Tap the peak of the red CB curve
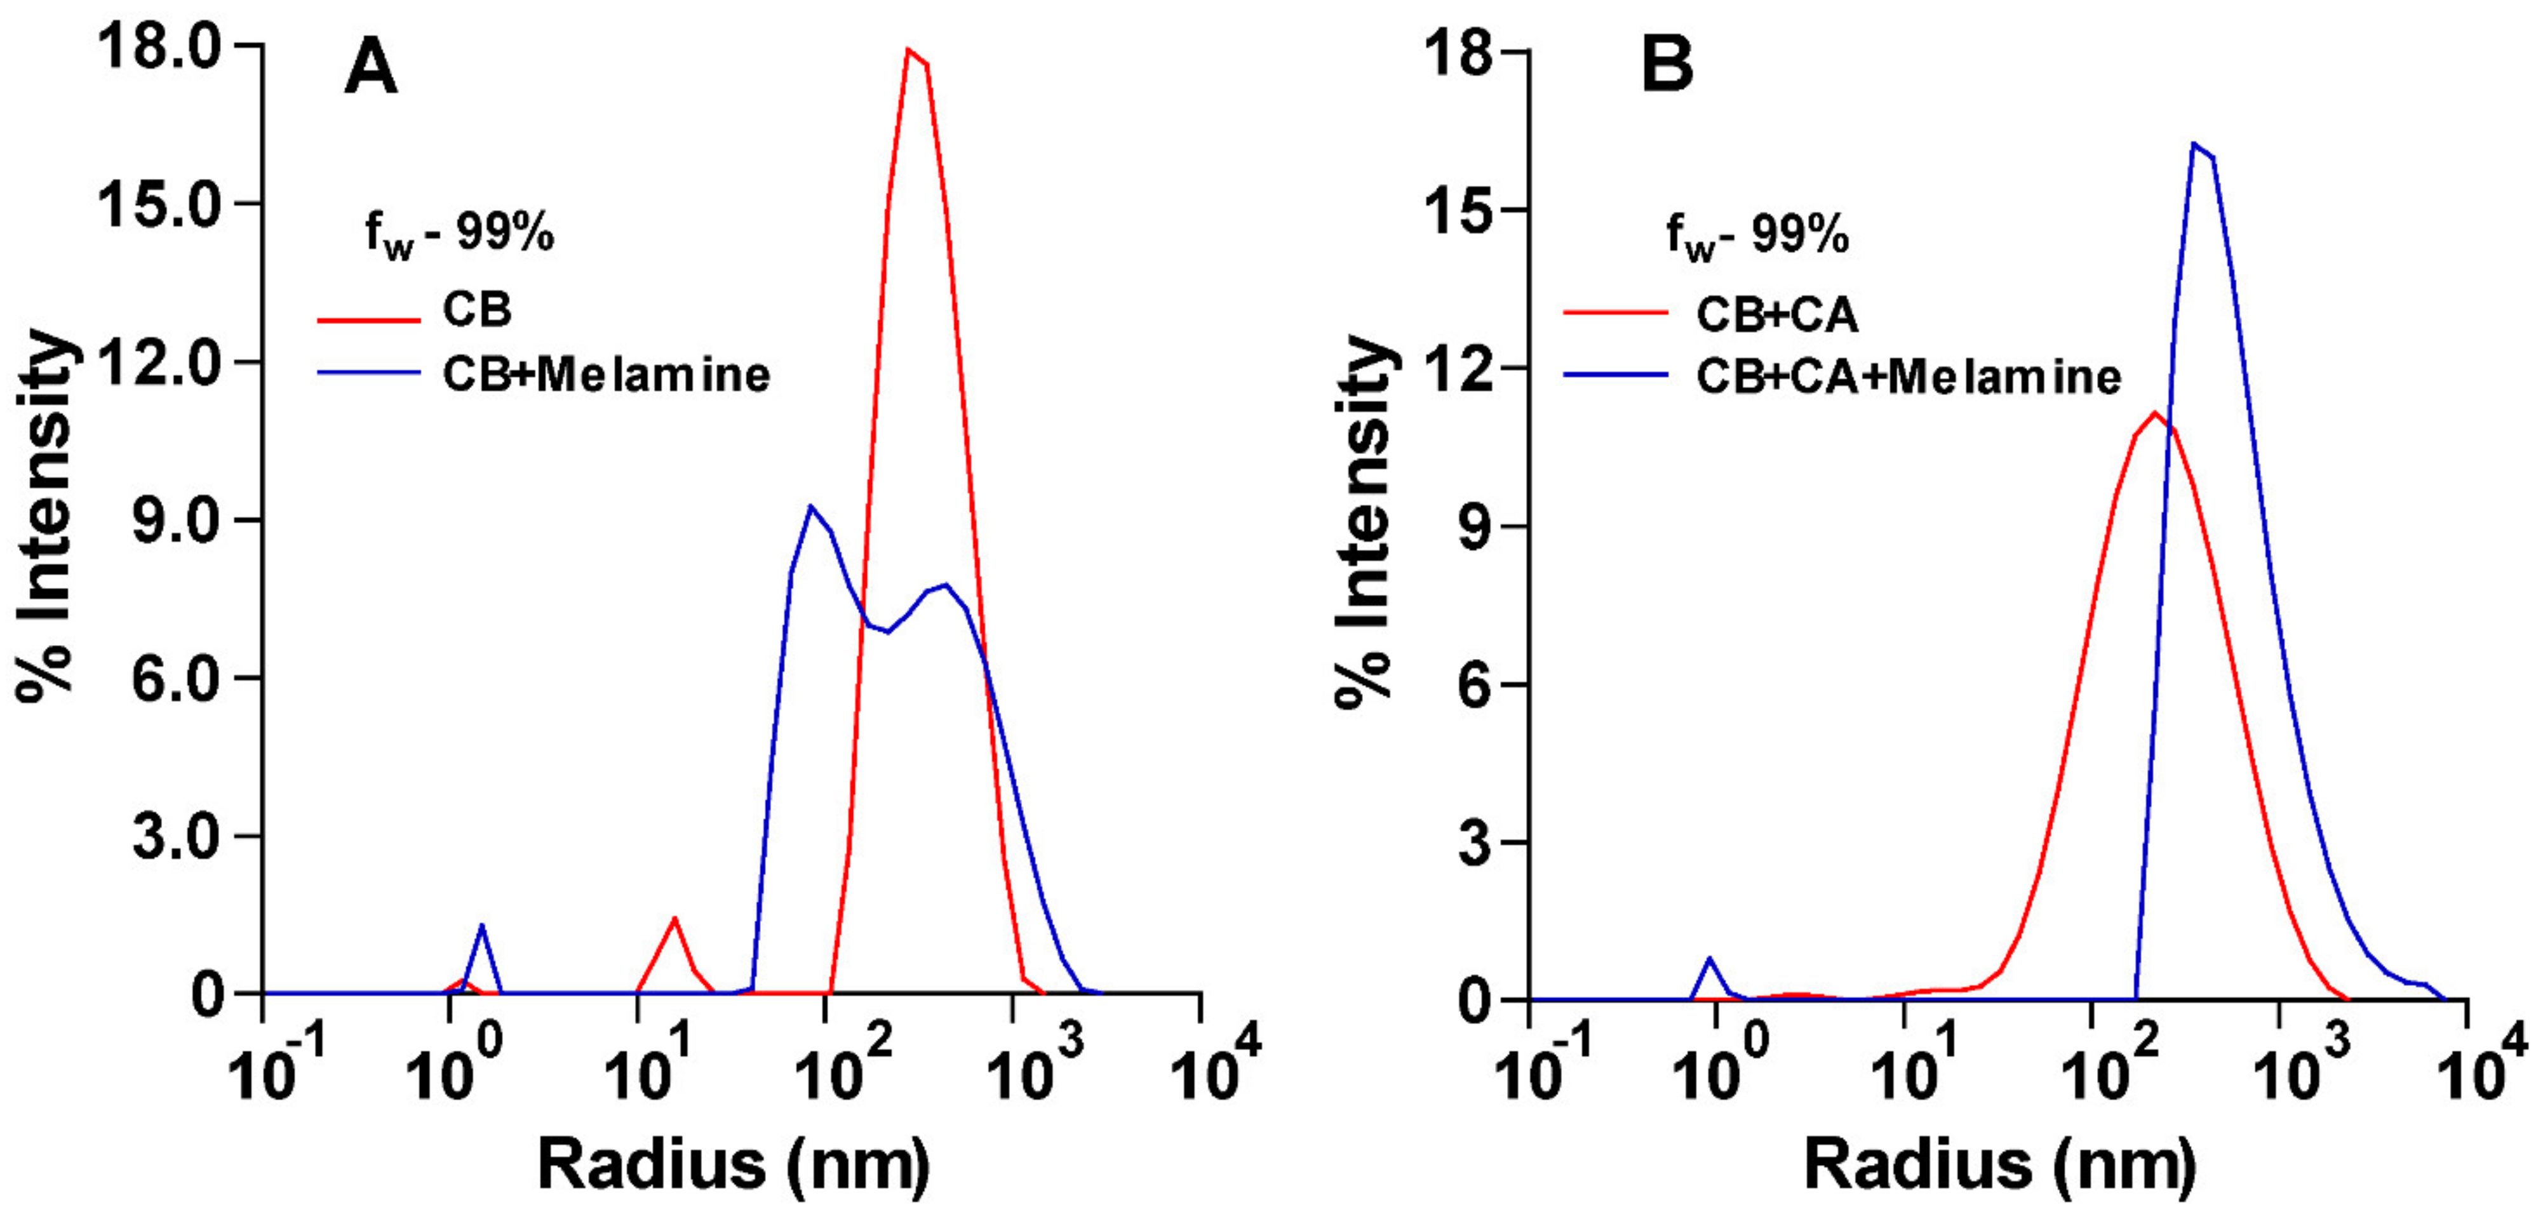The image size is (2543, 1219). (910, 50)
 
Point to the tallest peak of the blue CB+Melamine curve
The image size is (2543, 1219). (810, 507)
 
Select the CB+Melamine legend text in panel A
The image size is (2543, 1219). (605, 375)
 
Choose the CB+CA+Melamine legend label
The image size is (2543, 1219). (1909, 377)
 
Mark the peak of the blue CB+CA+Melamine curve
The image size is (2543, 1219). (2194, 144)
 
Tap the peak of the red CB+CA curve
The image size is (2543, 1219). (2154, 413)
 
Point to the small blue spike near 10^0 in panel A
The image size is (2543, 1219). (482, 926)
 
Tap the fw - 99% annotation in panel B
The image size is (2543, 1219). (1757, 237)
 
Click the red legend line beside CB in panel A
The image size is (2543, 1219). (368, 320)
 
